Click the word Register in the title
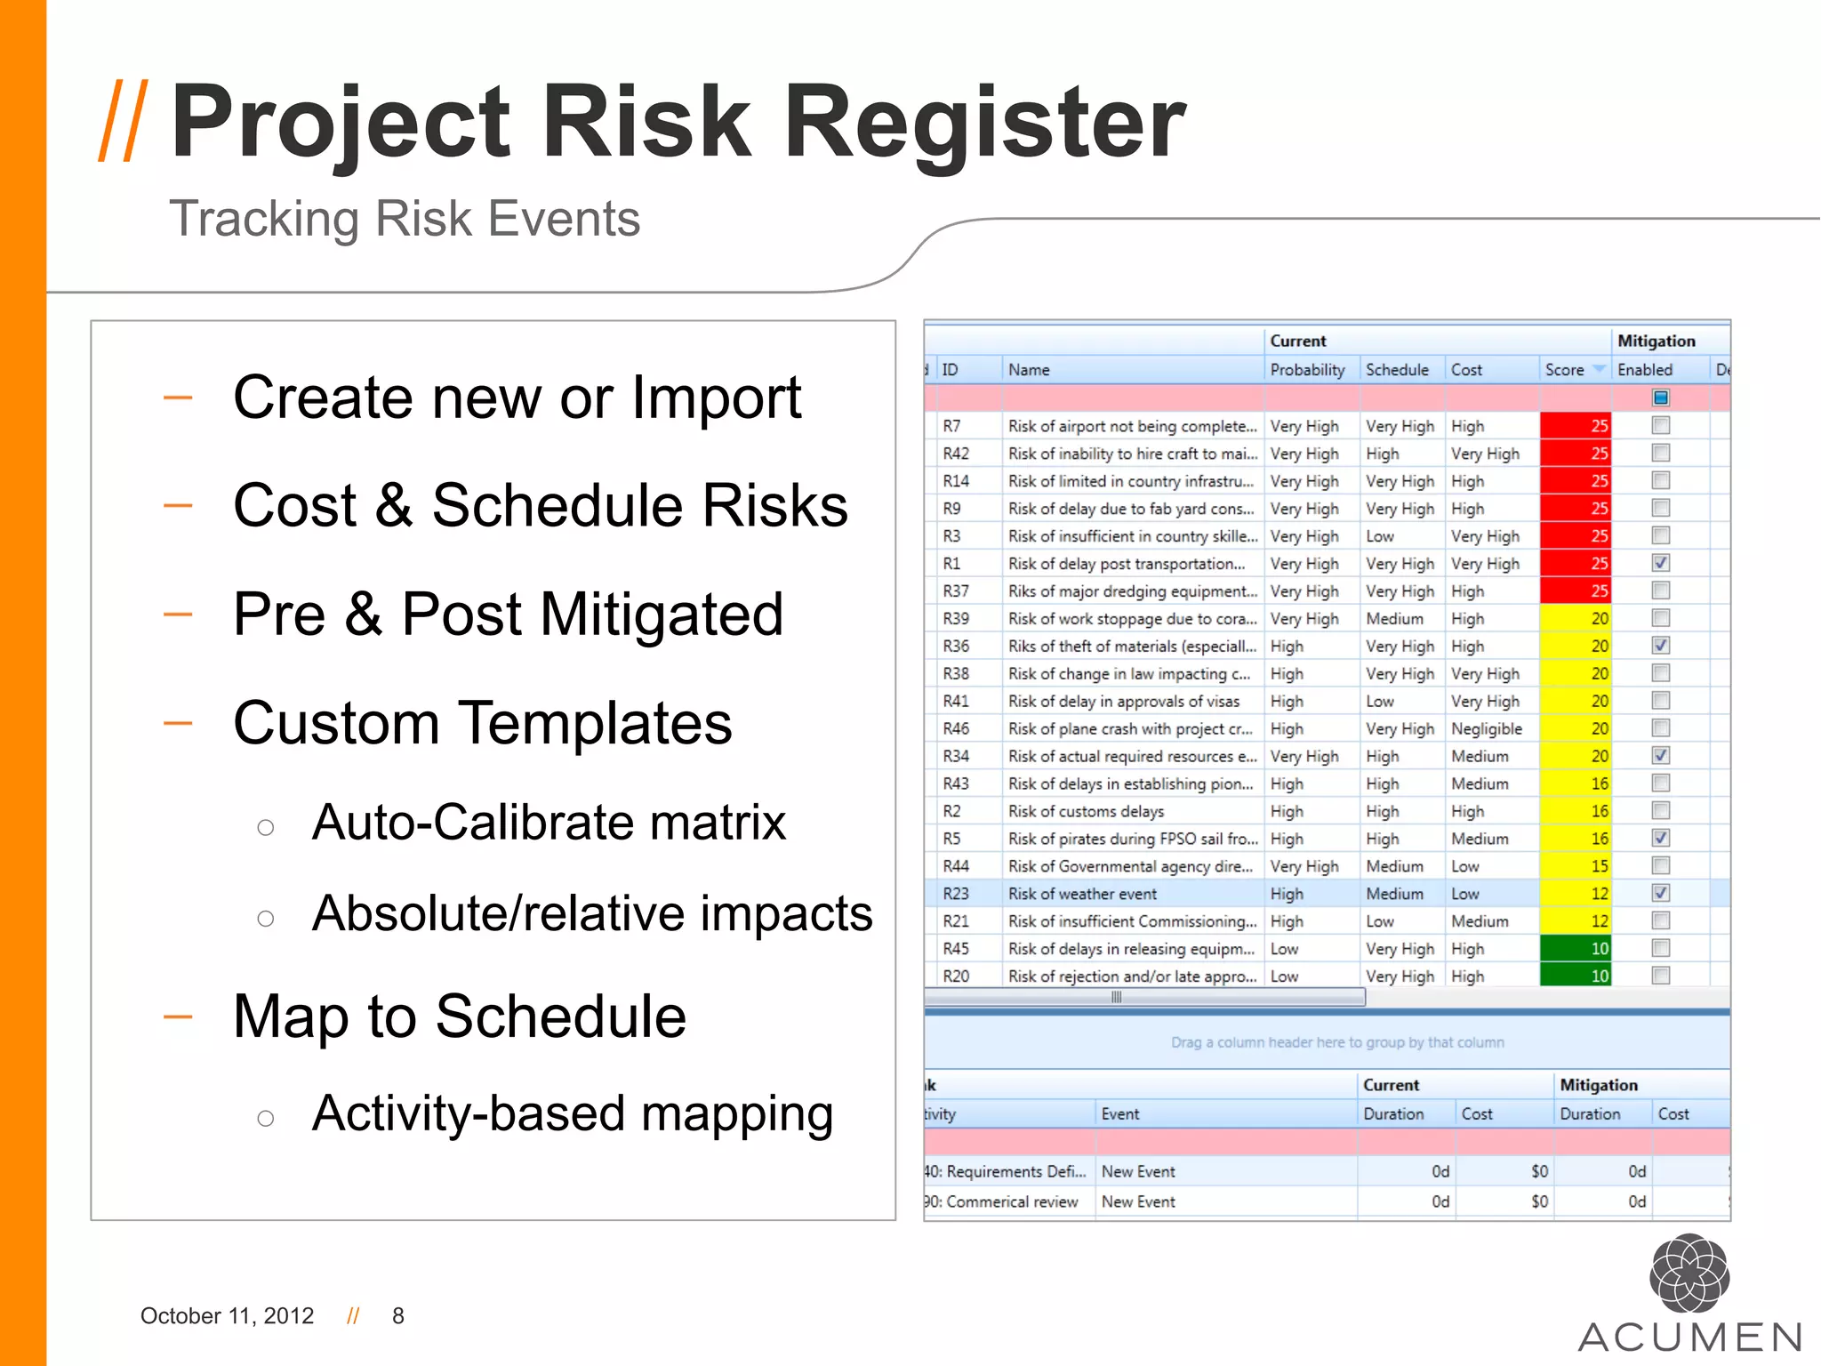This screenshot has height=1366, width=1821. click(x=983, y=122)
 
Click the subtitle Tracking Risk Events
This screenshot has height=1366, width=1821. click(x=405, y=219)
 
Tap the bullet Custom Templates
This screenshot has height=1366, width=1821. click(x=482, y=722)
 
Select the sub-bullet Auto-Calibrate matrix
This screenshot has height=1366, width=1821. click(x=549, y=822)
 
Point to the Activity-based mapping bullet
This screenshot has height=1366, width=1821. click(x=573, y=1113)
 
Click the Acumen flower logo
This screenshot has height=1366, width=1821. click(x=1689, y=1274)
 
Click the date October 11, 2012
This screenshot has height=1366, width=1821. click(x=227, y=1315)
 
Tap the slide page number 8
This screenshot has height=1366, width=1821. click(x=398, y=1315)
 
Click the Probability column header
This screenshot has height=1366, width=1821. click(x=1307, y=370)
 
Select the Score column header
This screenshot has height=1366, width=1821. click(x=1565, y=370)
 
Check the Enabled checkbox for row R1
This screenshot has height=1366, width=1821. click(x=1660, y=563)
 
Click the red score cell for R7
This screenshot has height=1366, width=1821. click(x=1575, y=426)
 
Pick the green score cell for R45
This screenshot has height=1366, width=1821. click(x=1575, y=949)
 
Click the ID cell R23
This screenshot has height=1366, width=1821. click(x=956, y=894)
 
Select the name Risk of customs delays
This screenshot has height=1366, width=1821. click(x=1086, y=811)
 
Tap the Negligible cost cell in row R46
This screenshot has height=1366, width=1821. click(x=1487, y=729)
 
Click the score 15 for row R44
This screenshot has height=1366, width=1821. click(x=1575, y=866)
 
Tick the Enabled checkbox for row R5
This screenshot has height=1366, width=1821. click(x=1660, y=838)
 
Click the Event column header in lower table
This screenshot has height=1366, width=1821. click(x=1120, y=1113)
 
